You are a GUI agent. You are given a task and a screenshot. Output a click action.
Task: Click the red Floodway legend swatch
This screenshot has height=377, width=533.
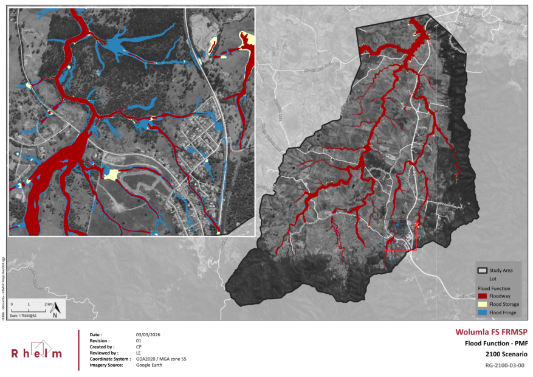[482, 296]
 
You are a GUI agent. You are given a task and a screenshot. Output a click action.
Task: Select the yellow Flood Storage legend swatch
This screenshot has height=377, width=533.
[482, 304]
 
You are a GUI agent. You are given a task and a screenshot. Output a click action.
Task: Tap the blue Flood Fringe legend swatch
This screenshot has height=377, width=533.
[482, 313]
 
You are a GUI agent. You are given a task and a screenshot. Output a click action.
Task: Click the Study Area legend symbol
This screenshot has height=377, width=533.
[482, 270]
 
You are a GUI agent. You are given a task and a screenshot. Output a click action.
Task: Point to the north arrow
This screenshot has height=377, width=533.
[55, 310]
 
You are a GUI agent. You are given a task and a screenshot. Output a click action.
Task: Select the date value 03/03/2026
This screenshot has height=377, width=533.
[148, 335]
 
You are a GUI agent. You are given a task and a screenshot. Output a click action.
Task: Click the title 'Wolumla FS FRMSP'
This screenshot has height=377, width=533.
[491, 332]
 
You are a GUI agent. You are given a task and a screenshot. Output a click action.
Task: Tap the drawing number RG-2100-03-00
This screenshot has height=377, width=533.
[504, 365]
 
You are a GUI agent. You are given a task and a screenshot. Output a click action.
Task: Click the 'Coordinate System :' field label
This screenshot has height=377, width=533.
[110, 359]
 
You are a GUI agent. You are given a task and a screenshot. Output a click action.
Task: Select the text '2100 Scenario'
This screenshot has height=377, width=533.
[505, 353]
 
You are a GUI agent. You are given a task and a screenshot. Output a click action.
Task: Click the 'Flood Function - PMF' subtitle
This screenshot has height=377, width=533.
[493, 343]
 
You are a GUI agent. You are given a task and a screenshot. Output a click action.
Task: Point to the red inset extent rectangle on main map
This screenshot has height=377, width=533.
[399, 235]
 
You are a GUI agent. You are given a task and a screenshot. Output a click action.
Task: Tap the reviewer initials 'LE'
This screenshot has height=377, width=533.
[138, 353]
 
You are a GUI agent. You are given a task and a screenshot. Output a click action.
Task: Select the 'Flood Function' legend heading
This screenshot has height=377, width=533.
[493, 288]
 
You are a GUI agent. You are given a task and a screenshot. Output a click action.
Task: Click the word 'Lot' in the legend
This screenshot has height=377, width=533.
[493, 278]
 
